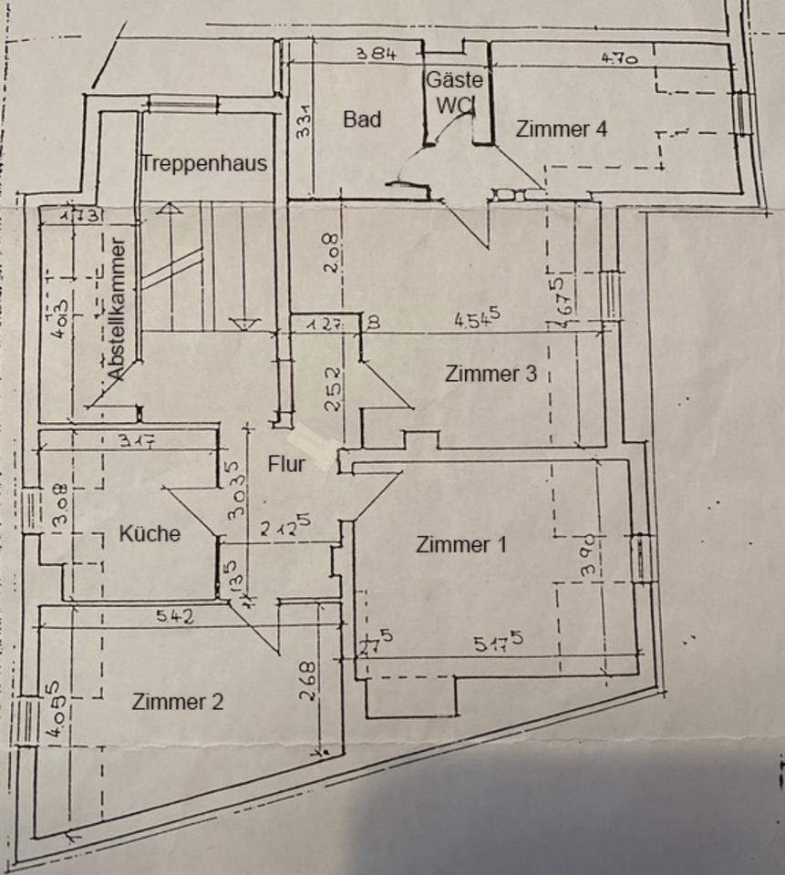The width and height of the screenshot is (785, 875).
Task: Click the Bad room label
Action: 362,119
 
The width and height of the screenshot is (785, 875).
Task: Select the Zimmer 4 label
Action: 561,129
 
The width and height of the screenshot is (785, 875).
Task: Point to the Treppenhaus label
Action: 204,164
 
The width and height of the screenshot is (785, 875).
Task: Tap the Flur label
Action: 286,463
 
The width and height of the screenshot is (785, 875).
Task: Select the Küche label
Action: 150,534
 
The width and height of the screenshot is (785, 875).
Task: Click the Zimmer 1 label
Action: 461,545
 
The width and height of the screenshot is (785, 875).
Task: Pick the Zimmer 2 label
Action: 178,702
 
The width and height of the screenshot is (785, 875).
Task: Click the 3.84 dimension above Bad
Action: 376,55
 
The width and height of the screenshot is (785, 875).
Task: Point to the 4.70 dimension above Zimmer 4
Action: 619,57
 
